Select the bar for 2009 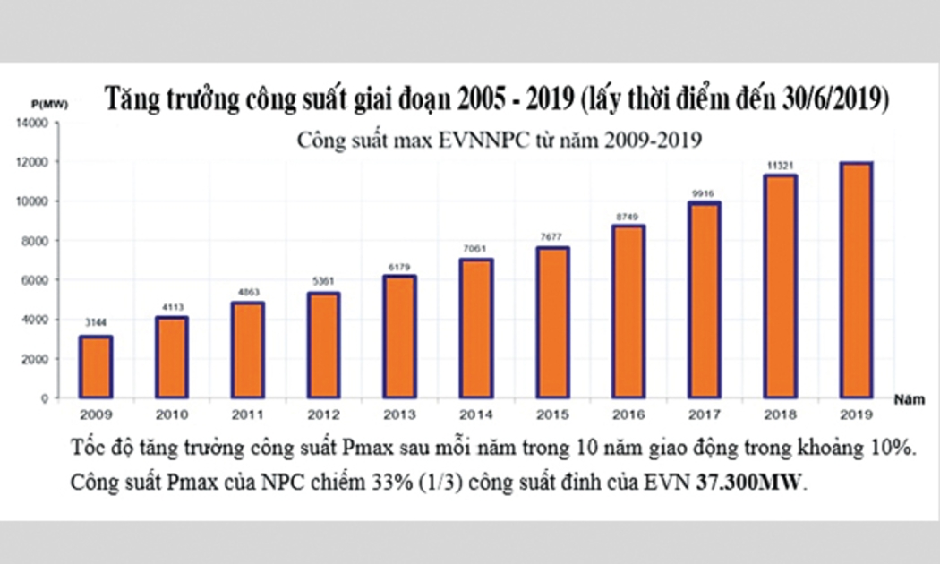click(x=95, y=367)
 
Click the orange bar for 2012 click(x=323, y=346)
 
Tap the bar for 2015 click(x=551, y=322)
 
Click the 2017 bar click(x=704, y=300)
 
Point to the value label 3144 click(x=96, y=324)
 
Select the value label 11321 click(x=780, y=164)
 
